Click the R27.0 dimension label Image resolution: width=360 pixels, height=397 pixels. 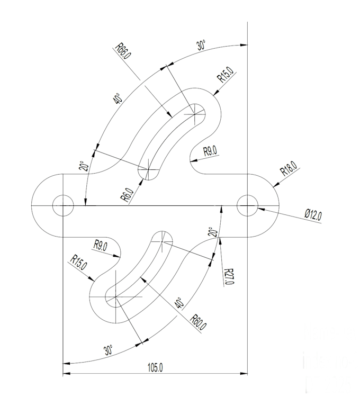coord(229,275)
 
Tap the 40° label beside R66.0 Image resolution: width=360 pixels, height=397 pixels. coord(116,98)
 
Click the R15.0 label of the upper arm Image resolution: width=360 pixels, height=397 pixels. coord(226,77)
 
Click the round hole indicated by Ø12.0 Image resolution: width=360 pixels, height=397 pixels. coord(247,205)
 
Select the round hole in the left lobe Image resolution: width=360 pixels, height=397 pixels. coord(63,205)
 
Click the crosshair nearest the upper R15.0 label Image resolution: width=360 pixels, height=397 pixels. coord(196,112)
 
